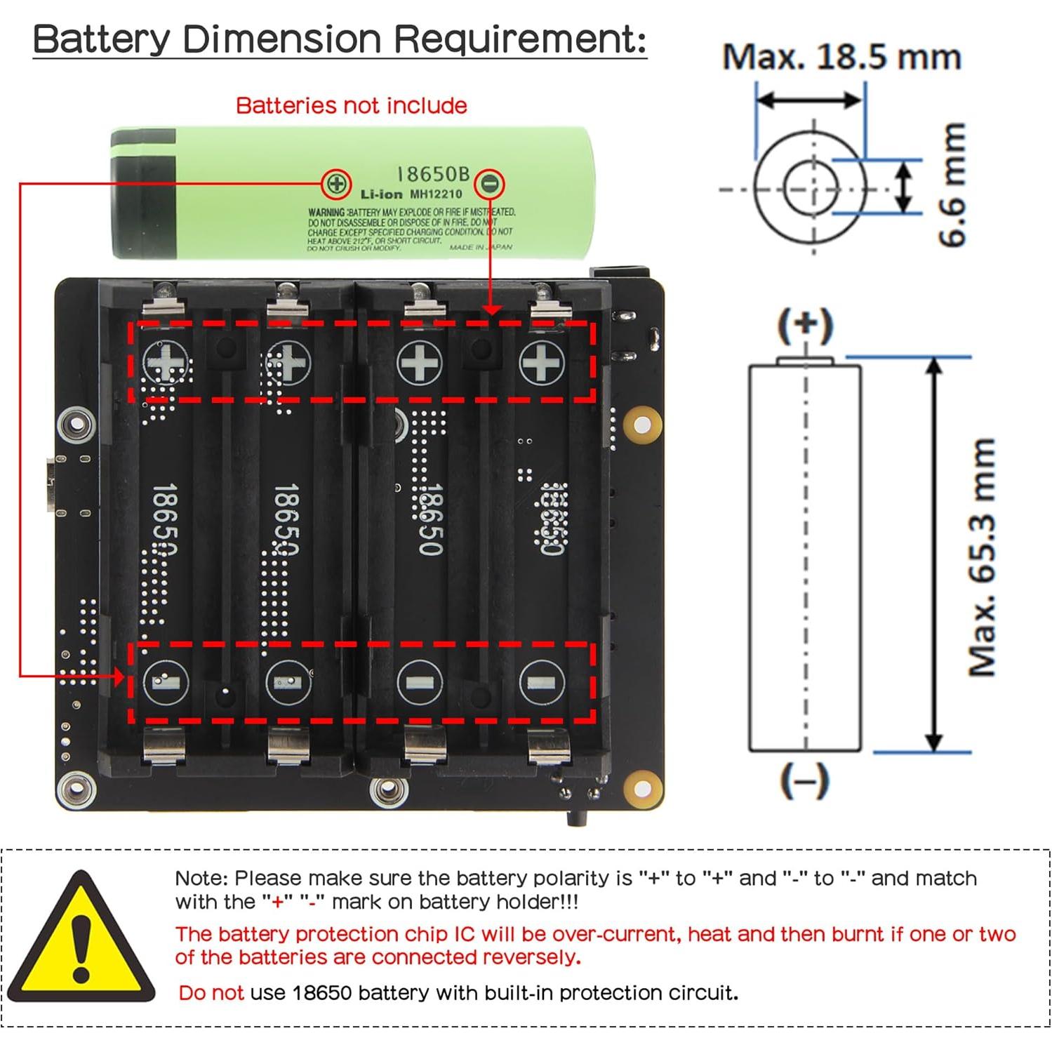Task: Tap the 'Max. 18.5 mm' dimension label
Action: [841, 57]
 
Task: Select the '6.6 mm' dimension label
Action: [952, 185]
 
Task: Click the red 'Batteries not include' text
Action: [351, 105]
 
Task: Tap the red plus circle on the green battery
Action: [336, 184]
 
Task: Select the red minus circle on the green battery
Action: [489, 184]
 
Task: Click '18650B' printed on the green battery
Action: [433, 173]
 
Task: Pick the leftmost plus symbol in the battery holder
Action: [166, 363]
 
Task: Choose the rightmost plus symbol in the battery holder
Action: [541, 363]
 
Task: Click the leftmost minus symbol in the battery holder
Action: [166, 681]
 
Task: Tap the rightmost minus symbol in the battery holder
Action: [541, 682]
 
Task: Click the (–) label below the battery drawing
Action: [804, 780]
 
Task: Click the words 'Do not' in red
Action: [211, 992]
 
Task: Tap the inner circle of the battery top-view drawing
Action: [812, 189]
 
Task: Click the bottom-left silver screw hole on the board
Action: [76, 791]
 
